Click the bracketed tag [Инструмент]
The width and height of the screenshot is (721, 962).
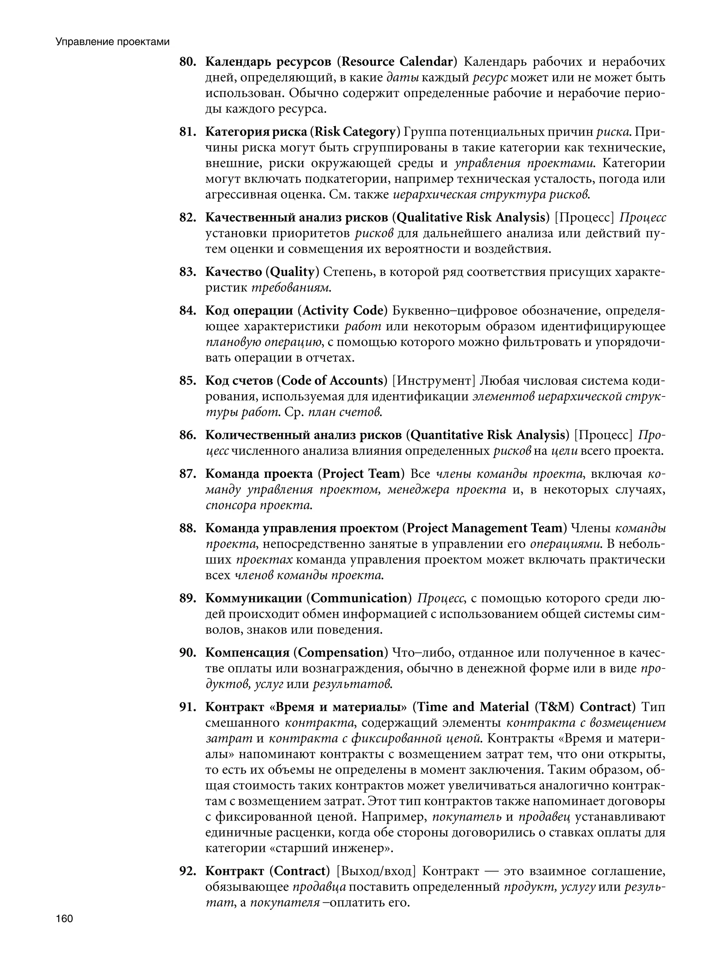[432, 381]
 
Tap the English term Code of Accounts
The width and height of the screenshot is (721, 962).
[332, 381]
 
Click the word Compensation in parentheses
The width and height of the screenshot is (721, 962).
[340, 652]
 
